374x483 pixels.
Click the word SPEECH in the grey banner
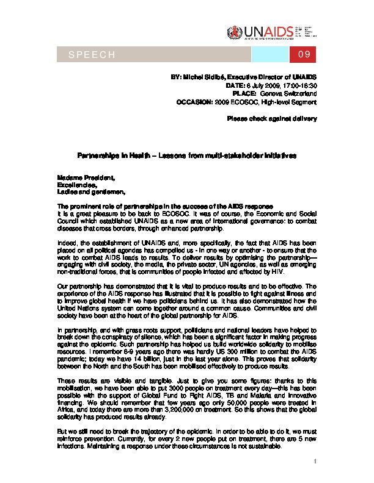coord(92,55)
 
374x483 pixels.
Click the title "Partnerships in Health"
coord(116,156)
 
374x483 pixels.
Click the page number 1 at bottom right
coord(313,461)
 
